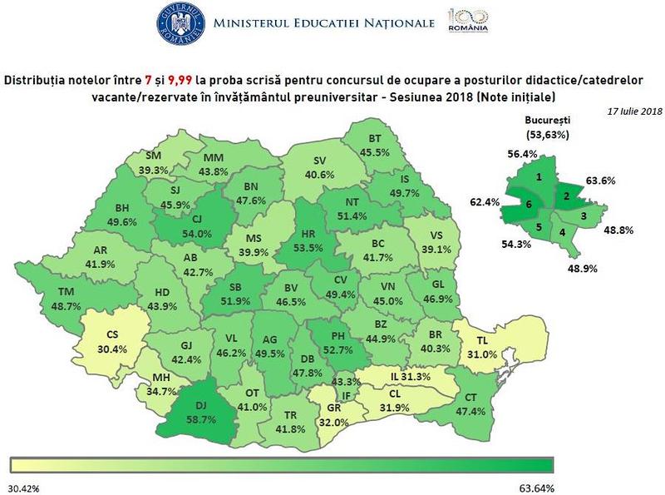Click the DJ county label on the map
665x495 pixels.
[x=201, y=404]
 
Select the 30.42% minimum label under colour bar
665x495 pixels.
[x=25, y=486]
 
